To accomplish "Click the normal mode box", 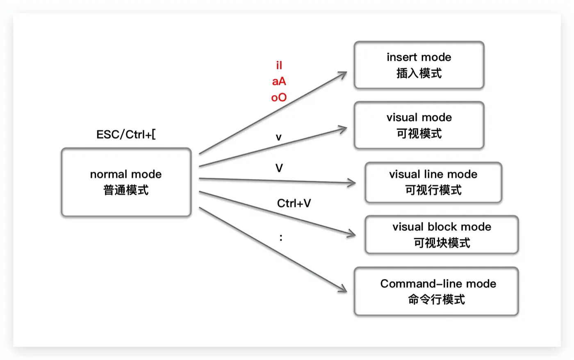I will [126, 182].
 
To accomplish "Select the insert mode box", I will [419, 65].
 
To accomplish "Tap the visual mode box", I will [419, 125].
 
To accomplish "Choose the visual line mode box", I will [433, 182].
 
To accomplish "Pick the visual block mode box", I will [442, 235].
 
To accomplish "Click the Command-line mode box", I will [436, 291].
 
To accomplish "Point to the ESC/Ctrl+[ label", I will [126, 134].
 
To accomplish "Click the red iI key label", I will [279, 65].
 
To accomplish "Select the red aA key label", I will [279, 81].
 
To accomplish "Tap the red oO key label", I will [279, 98].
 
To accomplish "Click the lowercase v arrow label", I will [279, 137].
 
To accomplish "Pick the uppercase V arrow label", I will [279, 168].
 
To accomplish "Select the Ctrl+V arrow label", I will [294, 203].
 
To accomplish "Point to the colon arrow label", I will [281, 237].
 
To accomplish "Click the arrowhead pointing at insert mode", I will [343, 74].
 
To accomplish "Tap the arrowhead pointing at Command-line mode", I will [343, 289].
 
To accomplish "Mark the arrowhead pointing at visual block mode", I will [352, 235].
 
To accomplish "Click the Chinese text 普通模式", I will [126, 190].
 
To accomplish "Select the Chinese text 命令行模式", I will [436, 300].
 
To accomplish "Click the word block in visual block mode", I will [442, 227].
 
